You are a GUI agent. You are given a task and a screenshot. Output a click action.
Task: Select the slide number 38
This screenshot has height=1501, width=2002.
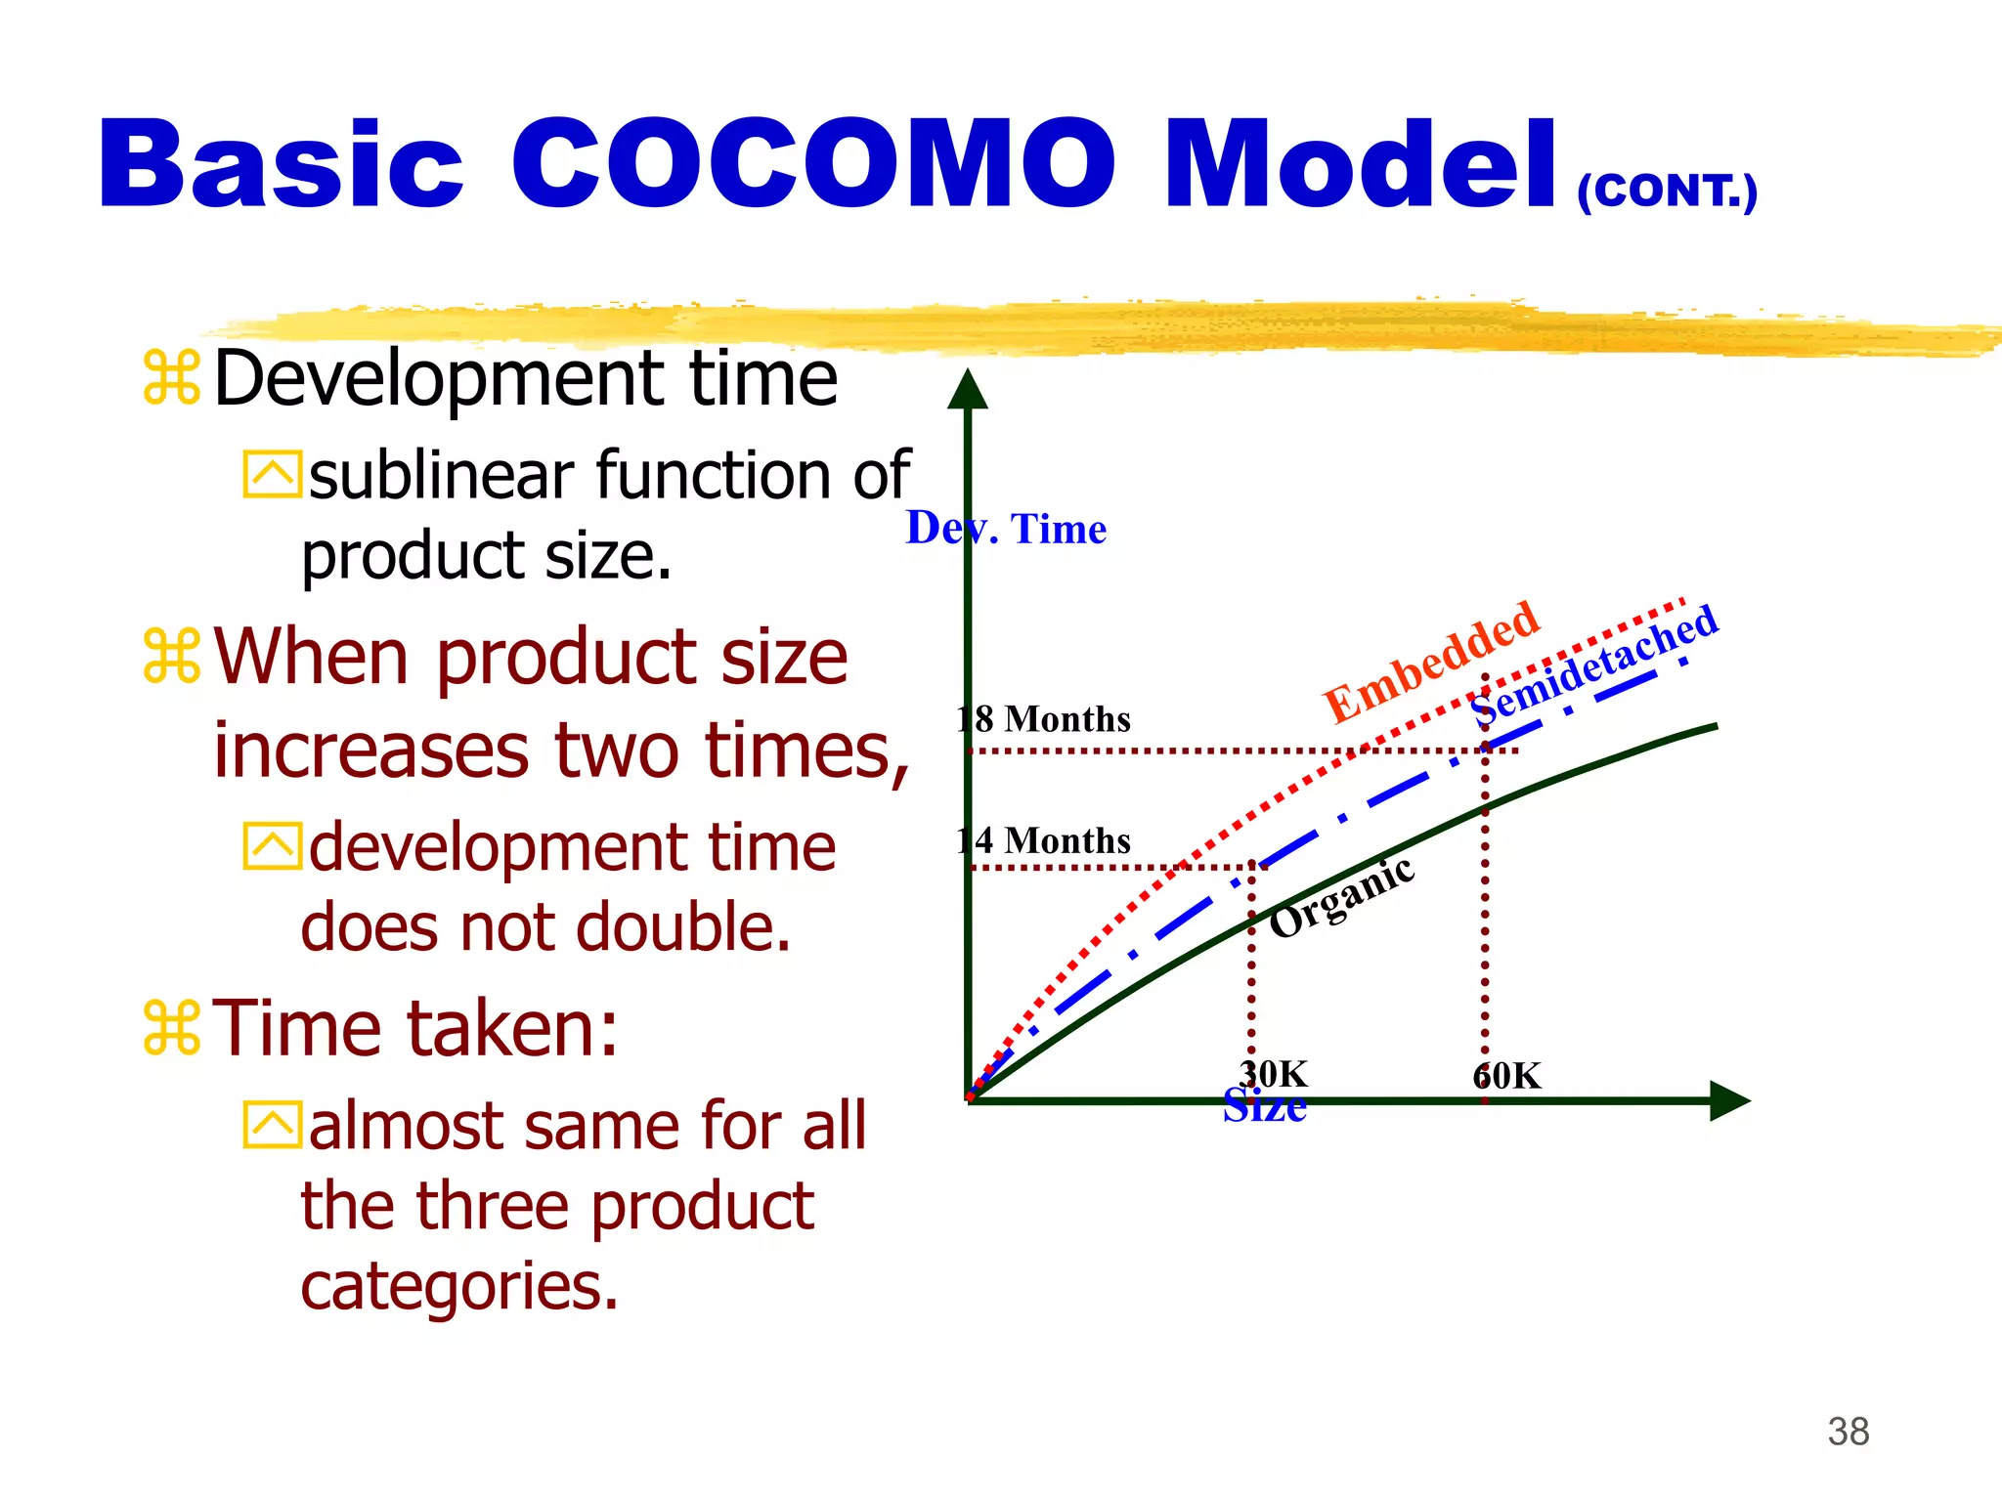point(1848,1432)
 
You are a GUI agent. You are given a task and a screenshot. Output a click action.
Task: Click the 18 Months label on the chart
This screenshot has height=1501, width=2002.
point(1043,719)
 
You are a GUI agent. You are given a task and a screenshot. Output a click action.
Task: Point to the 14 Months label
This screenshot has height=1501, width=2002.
point(1043,840)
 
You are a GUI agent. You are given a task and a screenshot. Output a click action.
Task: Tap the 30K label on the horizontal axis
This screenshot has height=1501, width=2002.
point(1273,1074)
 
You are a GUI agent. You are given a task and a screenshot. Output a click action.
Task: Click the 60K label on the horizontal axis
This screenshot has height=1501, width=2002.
point(1506,1076)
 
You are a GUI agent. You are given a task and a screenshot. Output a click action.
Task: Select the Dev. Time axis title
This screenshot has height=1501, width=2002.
point(1006,529)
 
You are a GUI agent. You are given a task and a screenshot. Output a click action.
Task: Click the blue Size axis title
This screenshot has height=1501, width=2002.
point(1264,1107)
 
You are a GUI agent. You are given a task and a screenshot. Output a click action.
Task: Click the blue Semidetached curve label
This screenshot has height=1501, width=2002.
point(1594,665)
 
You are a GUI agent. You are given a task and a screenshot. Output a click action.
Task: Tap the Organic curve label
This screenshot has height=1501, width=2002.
point(1341,897)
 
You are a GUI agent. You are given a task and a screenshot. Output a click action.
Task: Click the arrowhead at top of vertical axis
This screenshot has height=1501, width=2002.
point(968,389)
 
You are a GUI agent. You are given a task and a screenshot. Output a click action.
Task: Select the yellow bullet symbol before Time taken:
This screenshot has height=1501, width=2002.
point(172,1028)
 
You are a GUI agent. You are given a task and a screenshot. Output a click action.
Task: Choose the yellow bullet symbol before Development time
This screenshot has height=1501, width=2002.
point(172,377)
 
